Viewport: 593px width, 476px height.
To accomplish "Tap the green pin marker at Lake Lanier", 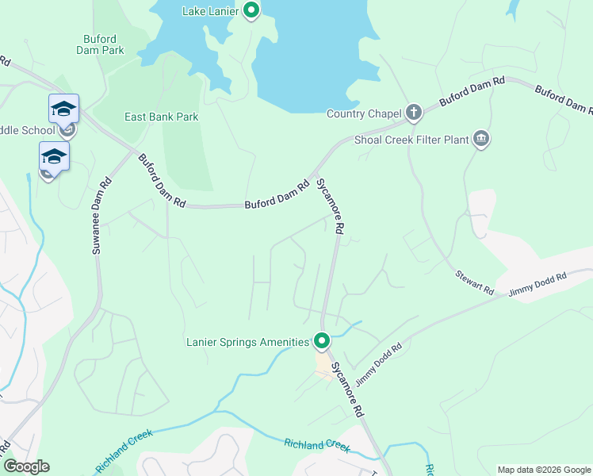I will (251, 10).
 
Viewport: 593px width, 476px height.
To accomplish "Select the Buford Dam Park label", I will (103, 44).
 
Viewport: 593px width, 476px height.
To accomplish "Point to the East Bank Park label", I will (161, 117).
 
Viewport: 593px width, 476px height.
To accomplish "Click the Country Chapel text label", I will (364, 113).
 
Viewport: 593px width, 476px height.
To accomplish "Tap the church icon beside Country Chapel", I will (413, 113).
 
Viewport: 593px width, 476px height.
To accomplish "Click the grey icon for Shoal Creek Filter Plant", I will (480, 140).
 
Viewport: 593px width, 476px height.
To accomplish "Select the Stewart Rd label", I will (474, 279).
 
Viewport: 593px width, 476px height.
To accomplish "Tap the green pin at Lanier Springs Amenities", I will (322, 341).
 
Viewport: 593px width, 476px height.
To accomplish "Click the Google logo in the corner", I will (26, 466).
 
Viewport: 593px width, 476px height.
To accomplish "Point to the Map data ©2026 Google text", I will (543, 470).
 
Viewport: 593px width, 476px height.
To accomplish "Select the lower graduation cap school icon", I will (54, 155).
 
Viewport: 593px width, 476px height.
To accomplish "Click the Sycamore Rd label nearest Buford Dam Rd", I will (330, 205).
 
